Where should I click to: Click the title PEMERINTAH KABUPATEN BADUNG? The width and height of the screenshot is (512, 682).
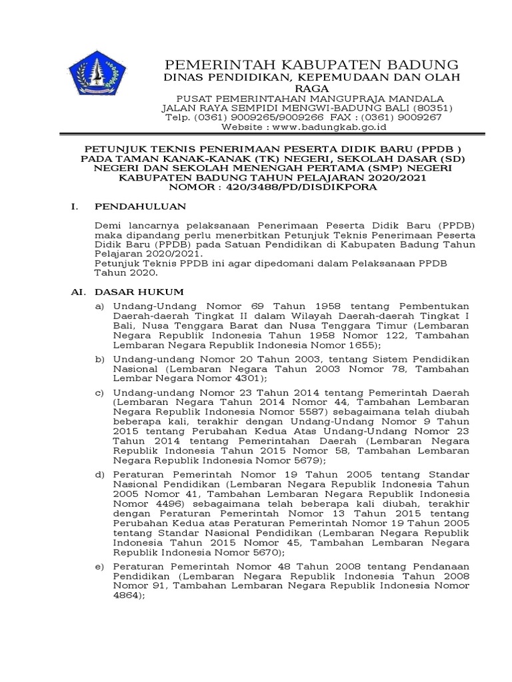[311, 65]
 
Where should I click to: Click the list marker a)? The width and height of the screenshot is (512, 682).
[100, 306]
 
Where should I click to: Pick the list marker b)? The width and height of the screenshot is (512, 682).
[100, 359]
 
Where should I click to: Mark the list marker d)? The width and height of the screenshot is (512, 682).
[100, 474]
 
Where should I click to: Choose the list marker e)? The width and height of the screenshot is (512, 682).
[100, 565]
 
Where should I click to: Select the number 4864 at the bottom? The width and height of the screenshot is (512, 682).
[126, 597]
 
